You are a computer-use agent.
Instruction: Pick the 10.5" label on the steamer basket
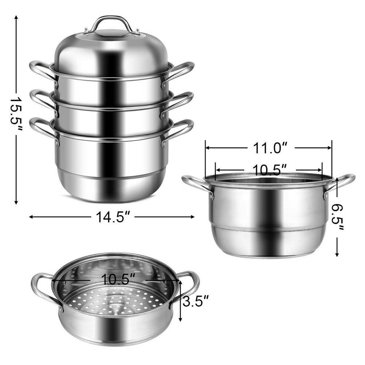coord(116,280)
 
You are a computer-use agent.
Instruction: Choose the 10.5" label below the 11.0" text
coord(269,170)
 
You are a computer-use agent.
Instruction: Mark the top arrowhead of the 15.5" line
coord(16,18)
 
